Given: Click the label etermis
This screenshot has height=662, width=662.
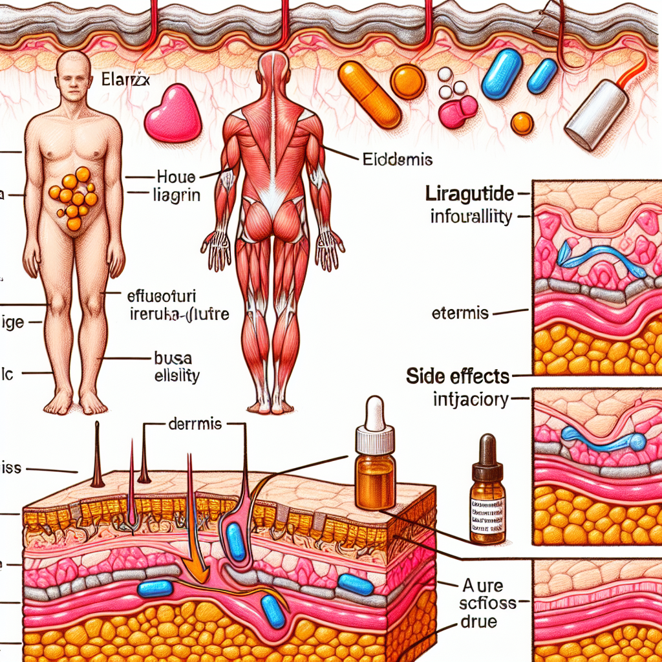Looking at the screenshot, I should pos(460,314).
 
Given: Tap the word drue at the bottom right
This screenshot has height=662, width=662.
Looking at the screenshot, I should pos(479,623).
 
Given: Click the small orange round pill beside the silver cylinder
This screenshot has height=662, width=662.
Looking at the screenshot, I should pos(521,122).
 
